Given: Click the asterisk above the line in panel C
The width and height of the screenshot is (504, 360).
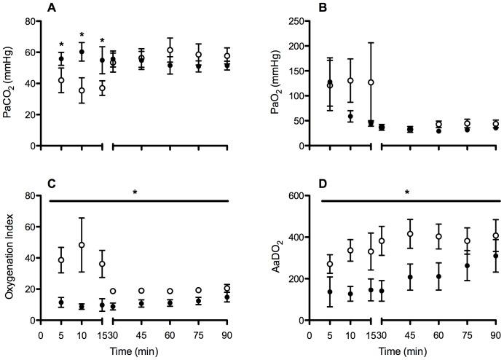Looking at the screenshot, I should pos(135,193).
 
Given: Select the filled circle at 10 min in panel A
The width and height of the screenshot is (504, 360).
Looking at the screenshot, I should pos(82,52).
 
